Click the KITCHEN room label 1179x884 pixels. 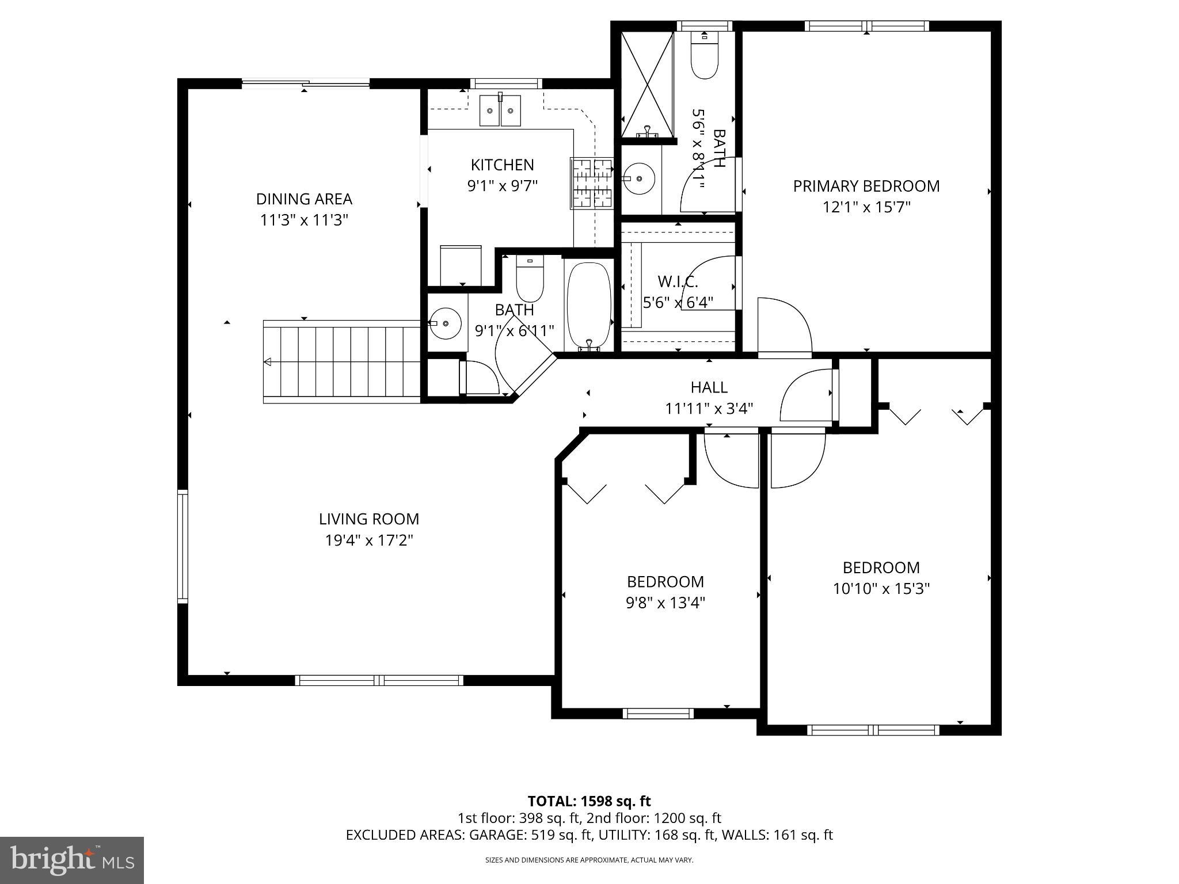(x=502, y=165)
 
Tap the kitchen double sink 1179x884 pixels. (x=500, y=110)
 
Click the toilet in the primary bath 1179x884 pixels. (x=704, y=58)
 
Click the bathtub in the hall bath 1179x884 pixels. (x=588, y=306)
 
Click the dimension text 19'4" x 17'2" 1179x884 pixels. (x=369, y=540)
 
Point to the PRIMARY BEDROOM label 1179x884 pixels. (x=866, y=186)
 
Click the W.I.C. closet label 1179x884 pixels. (x=678, y=282)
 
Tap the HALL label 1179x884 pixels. (x=709, y=387)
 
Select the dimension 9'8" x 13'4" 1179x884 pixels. (x=665, y=603)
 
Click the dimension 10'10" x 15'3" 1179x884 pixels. (x=881, y=589)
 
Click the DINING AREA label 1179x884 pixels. (x=304, y=199)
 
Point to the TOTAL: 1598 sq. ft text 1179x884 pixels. (x=589, y=801)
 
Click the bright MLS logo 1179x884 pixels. (x=71, y=860)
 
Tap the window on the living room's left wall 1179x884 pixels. (x=182, y=545)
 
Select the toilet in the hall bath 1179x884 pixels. (x=530, y=279)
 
